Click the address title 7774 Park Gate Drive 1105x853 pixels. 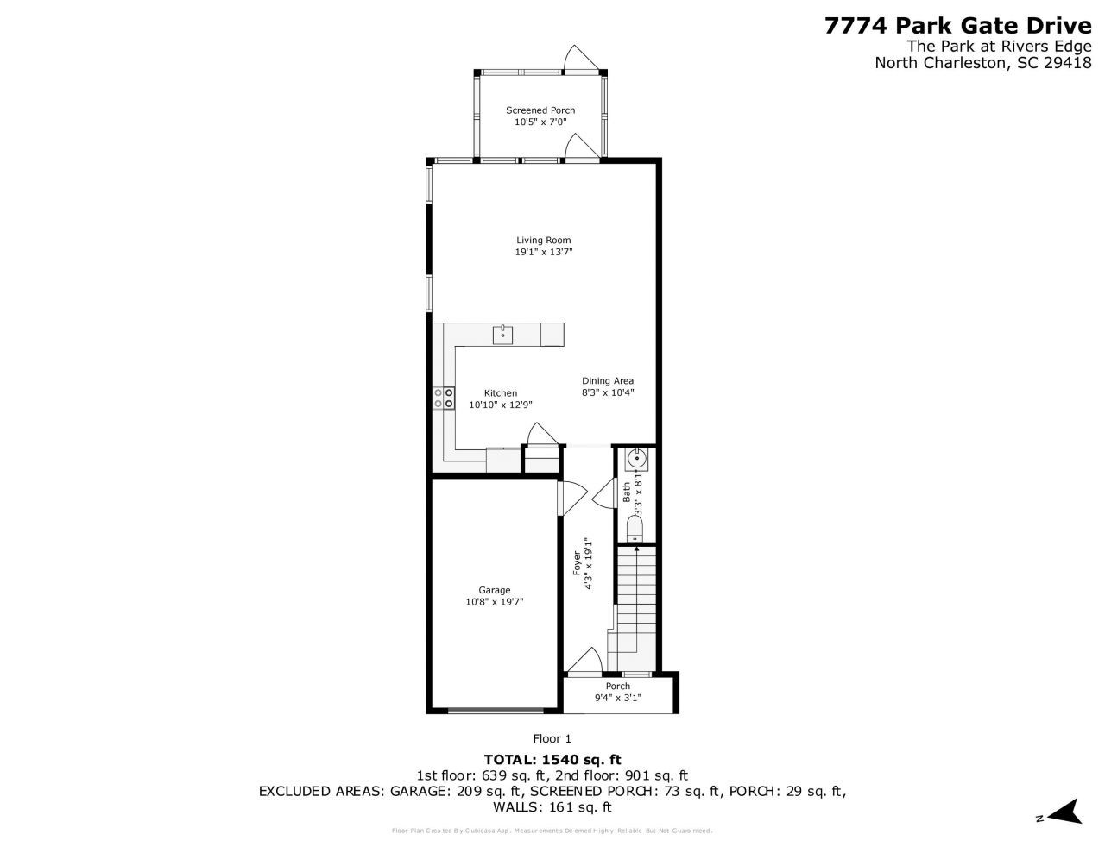(x=951, y=26)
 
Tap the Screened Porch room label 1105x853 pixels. (x=540, y=110)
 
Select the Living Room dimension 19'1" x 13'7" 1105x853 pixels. (x=544, y=253)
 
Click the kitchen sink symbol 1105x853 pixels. (x=502, y=334)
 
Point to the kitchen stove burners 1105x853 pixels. (x=444, y=398)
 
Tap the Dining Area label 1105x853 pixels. (x=608, y=380)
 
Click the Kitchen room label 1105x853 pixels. (x=500, y=393)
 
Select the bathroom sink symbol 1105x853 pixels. (x=636, y=458)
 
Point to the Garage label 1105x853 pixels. (x=495, y=591)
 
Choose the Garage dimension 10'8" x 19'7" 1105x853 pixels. (x=495, y=603)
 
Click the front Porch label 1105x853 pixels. (x=617, y=687)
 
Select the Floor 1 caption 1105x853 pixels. (x=552, y=738)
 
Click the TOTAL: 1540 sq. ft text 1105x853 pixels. (x=552, y=760)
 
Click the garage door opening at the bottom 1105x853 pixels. (x=496, y=712)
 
